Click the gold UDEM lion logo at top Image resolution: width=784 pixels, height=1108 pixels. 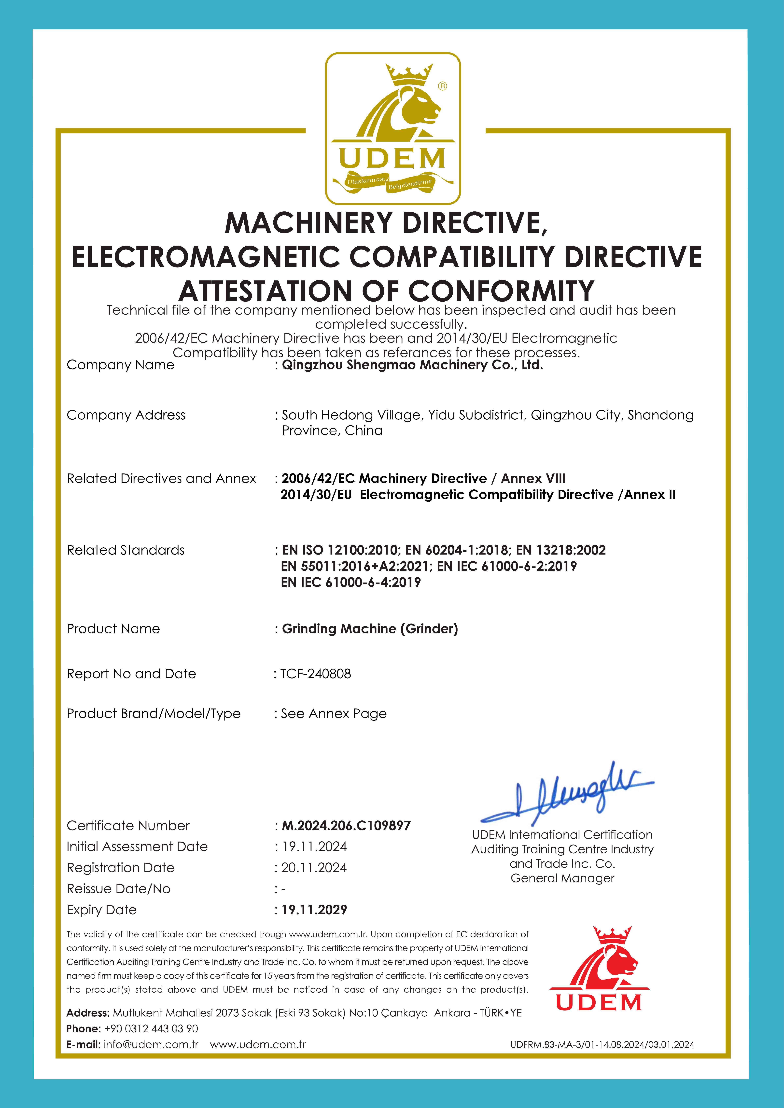pos(392,128)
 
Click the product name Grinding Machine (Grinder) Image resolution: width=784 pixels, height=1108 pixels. pos(370,629)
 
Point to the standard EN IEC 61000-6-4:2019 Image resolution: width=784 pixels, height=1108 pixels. pos(350,582)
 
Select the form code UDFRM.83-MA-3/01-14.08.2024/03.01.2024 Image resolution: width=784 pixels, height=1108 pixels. pos(602,1045)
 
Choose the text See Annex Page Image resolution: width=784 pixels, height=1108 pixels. pos(334,714)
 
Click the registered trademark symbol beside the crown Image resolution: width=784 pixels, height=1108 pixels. pos(442,86)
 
